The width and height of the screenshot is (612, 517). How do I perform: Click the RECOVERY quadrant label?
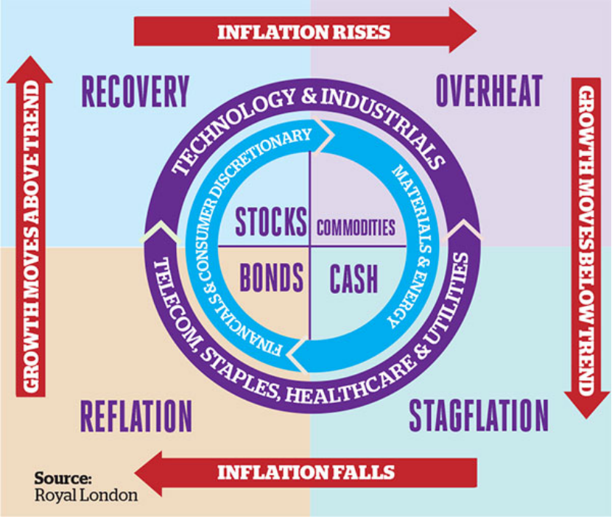coord(135,92)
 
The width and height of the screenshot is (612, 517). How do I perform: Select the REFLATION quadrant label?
coord(136,415)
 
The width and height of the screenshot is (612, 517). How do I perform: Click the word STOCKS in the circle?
coord(270,221)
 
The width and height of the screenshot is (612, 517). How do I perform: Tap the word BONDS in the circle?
coord(271,278)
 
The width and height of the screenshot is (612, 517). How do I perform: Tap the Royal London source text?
coord(86,495)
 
